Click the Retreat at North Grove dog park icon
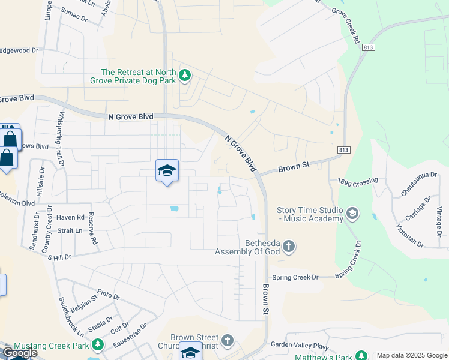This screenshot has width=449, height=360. [185, 74]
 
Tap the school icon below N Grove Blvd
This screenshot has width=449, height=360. [167, 170]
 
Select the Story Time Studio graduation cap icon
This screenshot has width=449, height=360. [352, 213]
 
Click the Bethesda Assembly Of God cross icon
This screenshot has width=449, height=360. [289, 246]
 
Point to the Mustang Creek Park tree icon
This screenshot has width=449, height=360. [97, 345]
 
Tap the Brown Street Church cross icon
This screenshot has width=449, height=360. [227, 341]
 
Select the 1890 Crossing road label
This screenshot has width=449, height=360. [358, 181]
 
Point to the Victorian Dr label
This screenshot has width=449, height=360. [410, 236]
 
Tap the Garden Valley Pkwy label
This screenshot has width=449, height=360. [300, 345]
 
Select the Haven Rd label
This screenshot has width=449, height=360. [71, 217]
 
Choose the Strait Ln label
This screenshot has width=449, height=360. [70, 230]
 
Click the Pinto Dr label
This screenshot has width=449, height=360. [109, 296]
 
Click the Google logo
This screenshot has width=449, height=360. [20, 353]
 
